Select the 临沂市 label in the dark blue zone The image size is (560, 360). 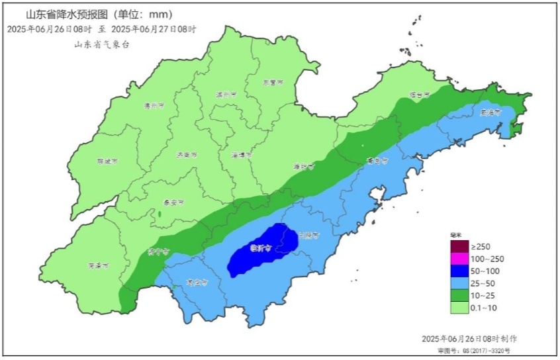(x=259, y=249)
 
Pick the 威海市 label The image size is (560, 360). (x=490, y=112)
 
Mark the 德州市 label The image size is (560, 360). (x=154, y=106)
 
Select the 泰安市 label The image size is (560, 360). (x=173, y=203)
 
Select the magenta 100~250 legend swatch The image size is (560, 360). (x=459, y=259)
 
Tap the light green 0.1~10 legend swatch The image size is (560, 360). (x=459, y=308)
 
